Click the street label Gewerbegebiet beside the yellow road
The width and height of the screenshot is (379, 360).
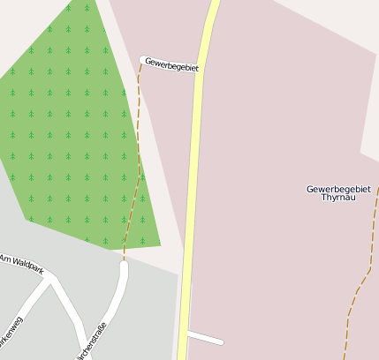pos(172,65)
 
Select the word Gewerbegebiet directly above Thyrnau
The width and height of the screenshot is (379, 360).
pos(338,189)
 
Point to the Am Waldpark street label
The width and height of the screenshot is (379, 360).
pos(21,263)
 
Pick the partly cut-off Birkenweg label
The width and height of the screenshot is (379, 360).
pos(11,326)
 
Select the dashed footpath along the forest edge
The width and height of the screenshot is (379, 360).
pos(138,159)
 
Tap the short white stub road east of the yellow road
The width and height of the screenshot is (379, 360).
pos(205,338)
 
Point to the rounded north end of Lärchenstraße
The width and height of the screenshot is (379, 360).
pos(124,266)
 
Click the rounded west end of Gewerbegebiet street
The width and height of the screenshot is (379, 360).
pos(142,60)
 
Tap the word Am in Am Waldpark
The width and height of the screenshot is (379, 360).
pos(4,259)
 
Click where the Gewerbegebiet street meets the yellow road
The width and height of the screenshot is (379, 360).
pos(202,71)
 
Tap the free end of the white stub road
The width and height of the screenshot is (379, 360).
pos(222,341)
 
